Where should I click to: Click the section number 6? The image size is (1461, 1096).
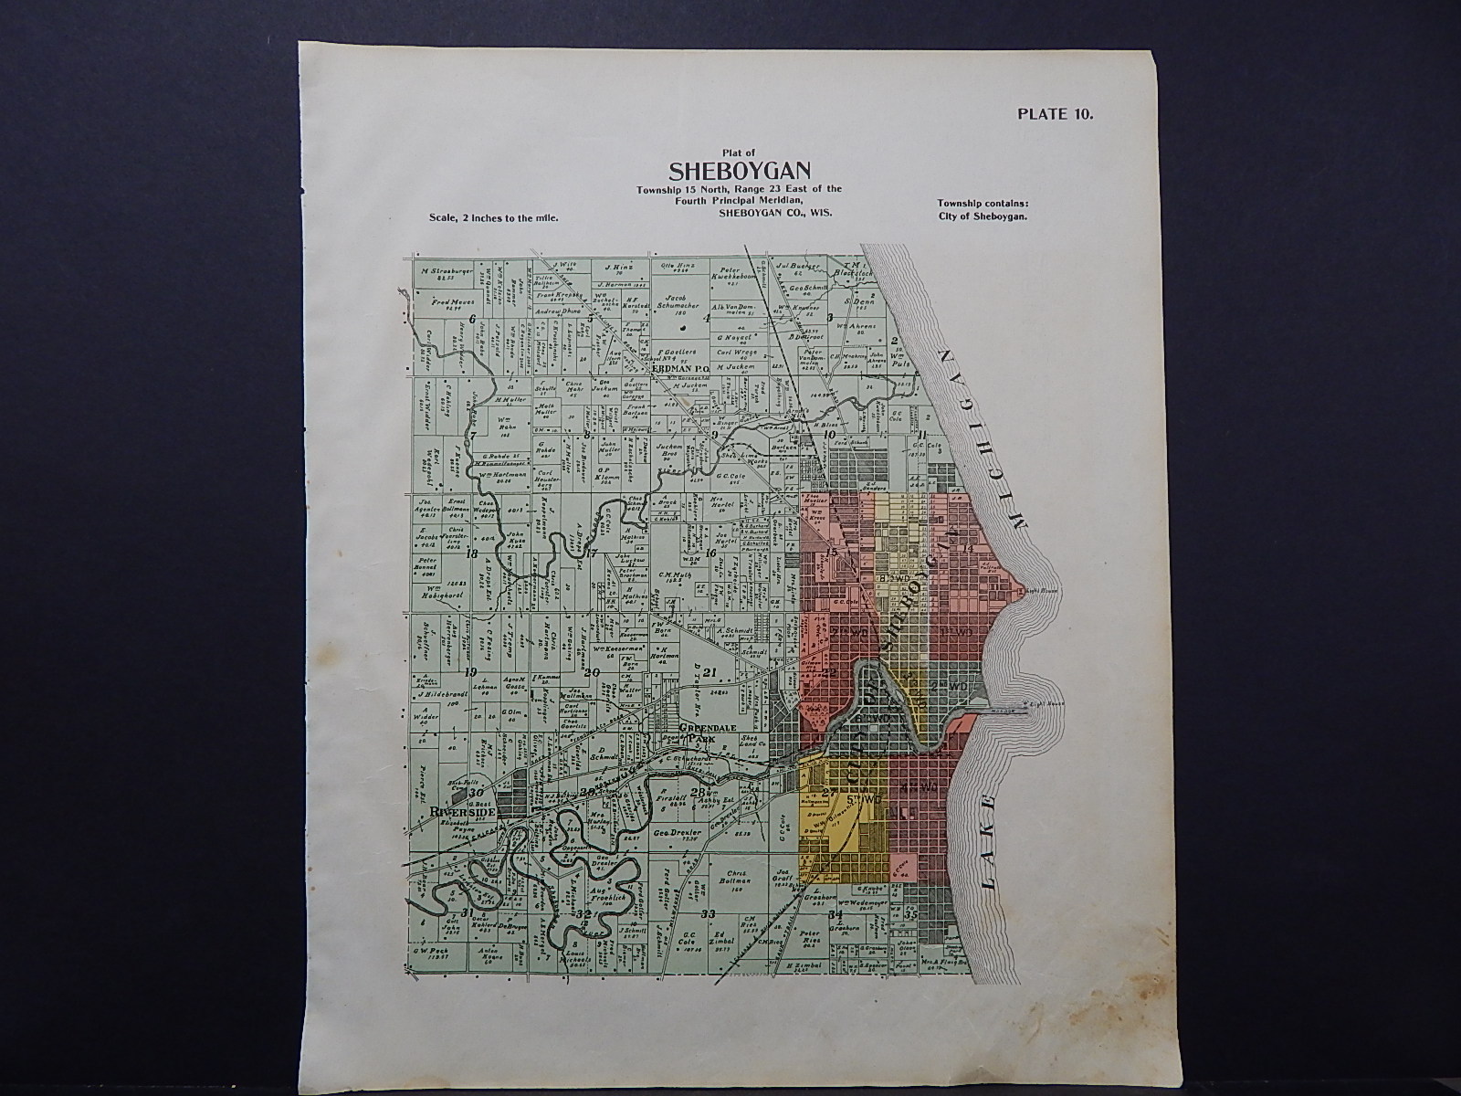click(473, 319)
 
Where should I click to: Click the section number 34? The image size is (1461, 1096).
click(834, 913)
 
